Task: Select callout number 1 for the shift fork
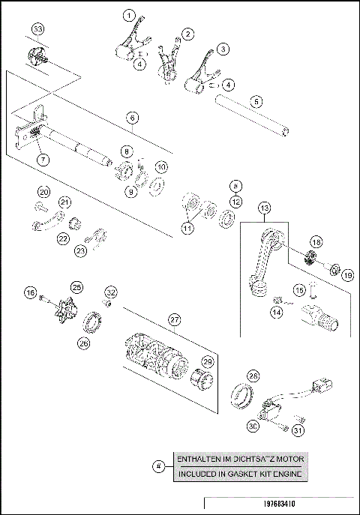coord(130,15)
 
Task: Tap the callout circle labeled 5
coord(256,100)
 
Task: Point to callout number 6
coord(131,118)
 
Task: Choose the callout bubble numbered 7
coord(43,160)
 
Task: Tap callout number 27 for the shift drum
coord(174,320)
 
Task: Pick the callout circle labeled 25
coord(76,287)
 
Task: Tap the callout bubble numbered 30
coord(252,425)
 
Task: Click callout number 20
coord(43,193)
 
